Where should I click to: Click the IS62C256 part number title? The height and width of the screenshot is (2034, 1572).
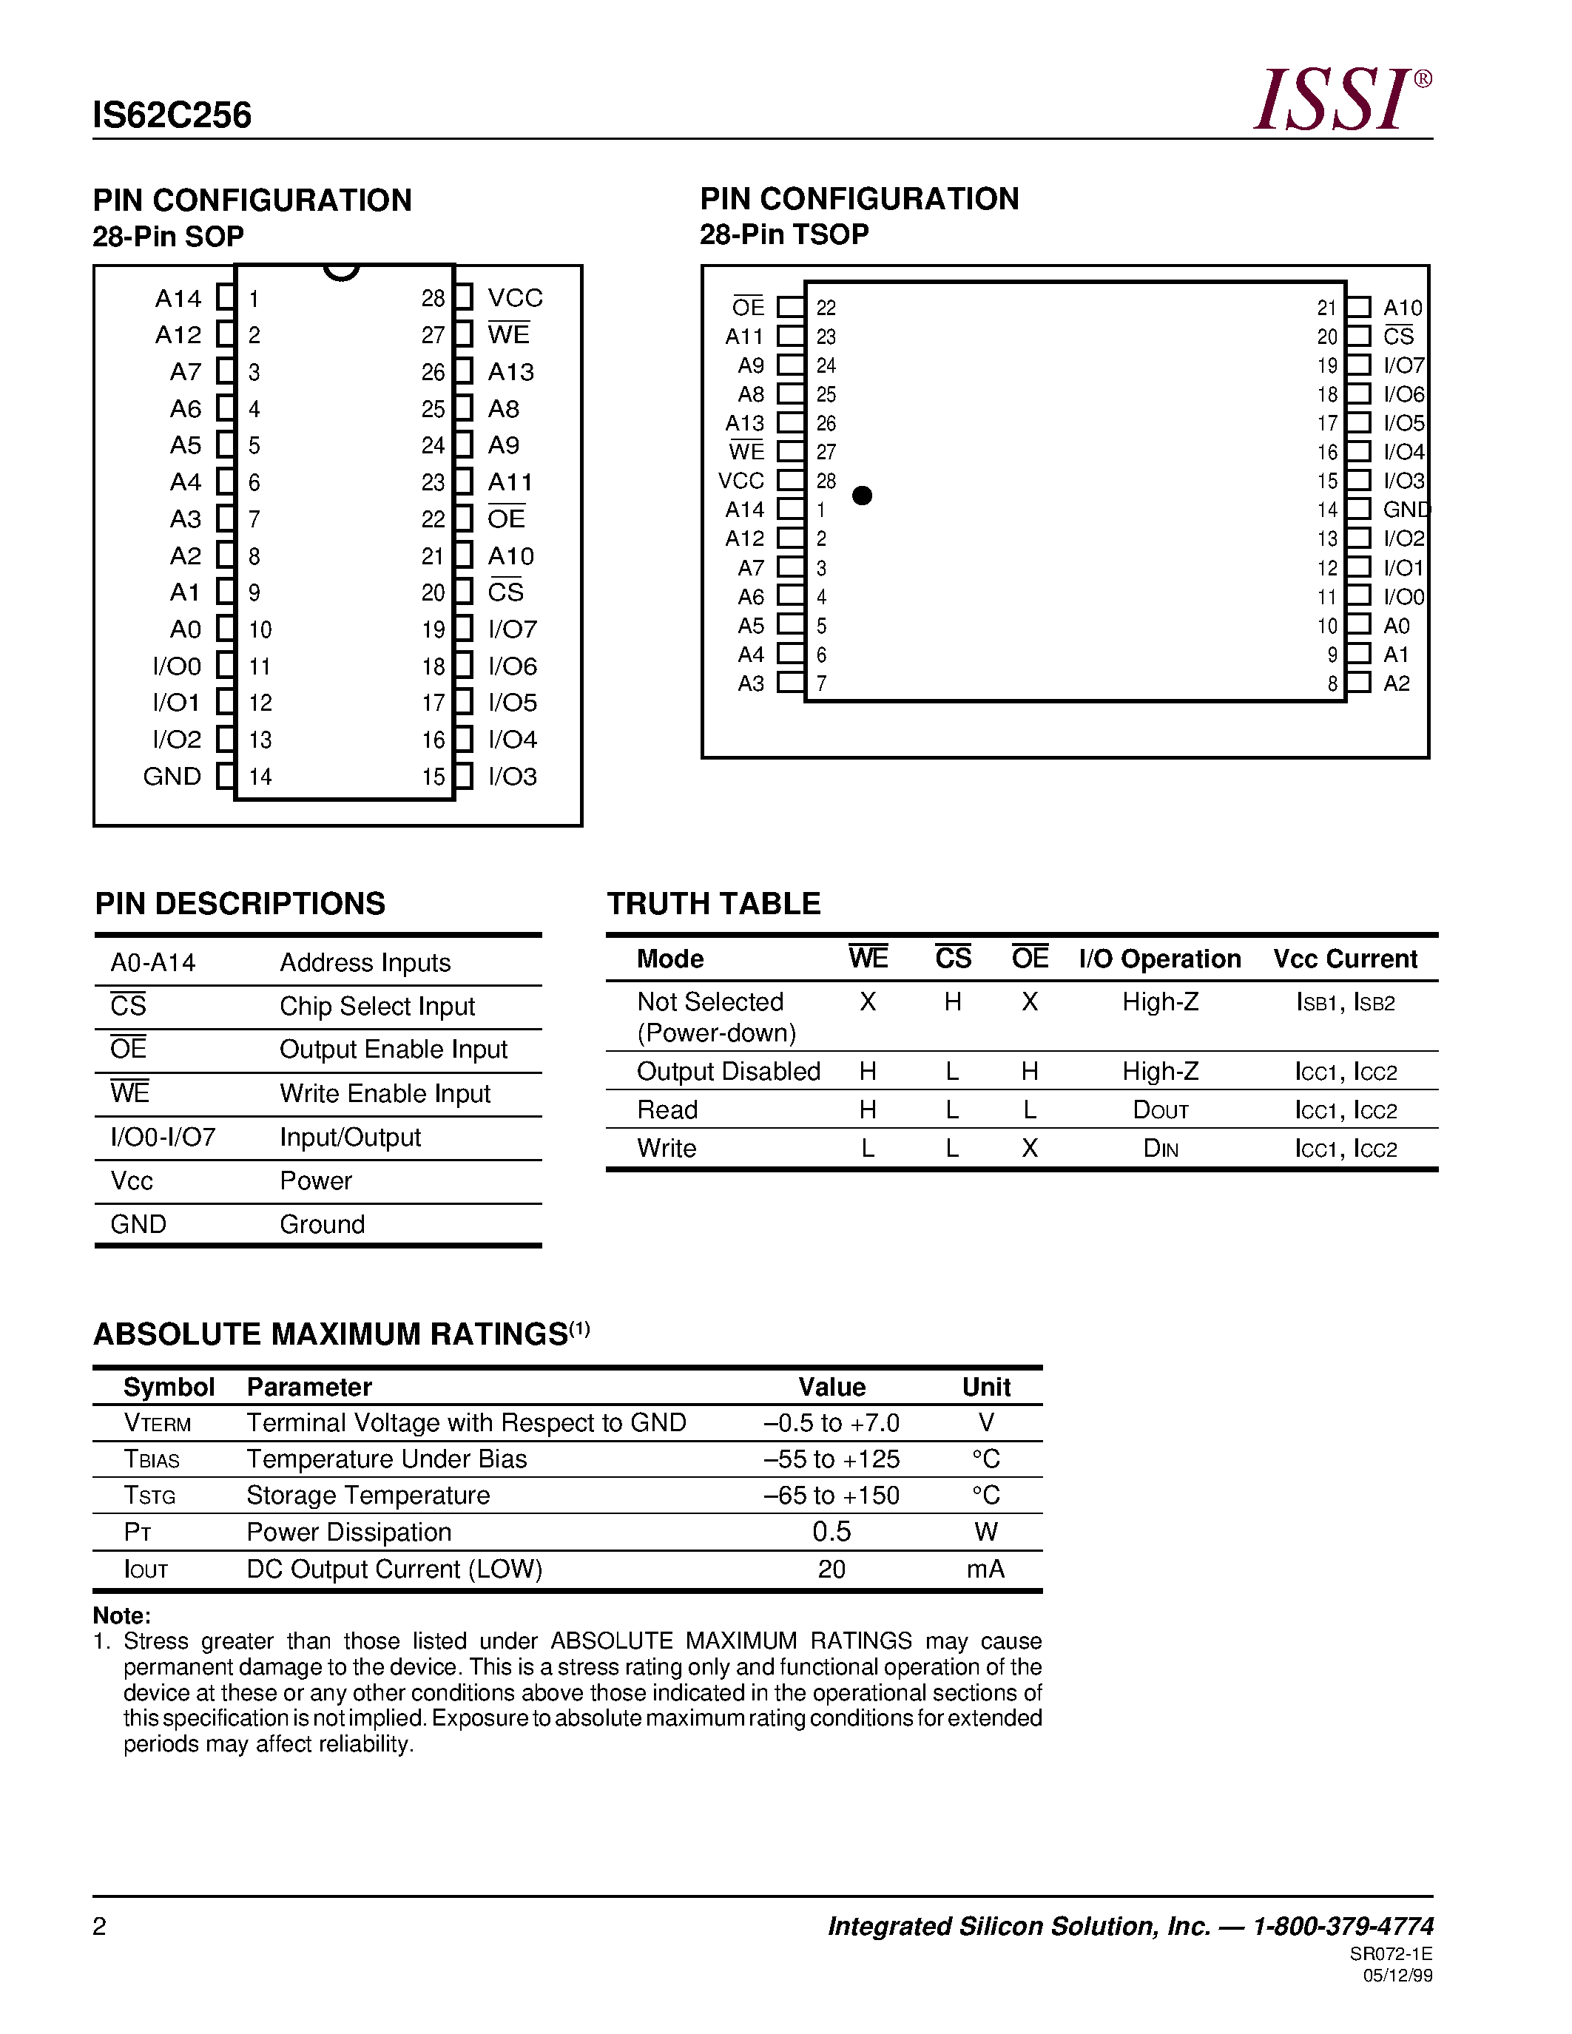click(x=172, y=115)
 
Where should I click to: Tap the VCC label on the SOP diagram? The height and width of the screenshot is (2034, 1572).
click(x=514, y=298)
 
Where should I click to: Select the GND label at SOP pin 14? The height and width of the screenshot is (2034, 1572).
click(x=172, y=777)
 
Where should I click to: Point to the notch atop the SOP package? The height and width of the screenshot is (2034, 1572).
click(x=341, y=272)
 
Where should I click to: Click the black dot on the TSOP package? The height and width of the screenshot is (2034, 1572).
click(x=863, y=496)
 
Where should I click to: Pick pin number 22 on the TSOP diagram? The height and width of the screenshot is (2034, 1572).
click(x=826, y=308)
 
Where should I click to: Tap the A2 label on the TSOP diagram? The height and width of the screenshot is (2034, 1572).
click(x=1396, y=683)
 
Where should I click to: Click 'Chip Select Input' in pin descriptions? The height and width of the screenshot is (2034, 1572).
click(x=377, y=1007)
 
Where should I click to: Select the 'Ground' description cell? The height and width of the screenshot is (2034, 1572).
click(x=323, y=1225)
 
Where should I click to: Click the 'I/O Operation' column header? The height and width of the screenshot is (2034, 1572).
click(x=1159, y=959)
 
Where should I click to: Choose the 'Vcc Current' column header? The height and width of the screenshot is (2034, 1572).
click(x=1345, y=959)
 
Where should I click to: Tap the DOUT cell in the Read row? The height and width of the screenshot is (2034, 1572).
click(x=1161, y=1110)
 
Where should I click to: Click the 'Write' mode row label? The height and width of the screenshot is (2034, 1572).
click(x=667, y=1149)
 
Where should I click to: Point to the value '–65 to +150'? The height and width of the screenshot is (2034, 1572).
click(x=831, y=1496)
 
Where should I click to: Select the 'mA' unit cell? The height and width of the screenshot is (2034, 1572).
click(x=985, y=1570)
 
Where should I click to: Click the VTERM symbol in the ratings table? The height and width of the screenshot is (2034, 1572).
click(x=158, y=1423)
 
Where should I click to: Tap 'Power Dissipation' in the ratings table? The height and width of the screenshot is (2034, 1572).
click(x=349, y=1532)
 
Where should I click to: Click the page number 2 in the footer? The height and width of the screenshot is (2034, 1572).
click(x=100, y=1926)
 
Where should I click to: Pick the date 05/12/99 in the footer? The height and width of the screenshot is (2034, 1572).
click(x=1398, y=1976)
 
